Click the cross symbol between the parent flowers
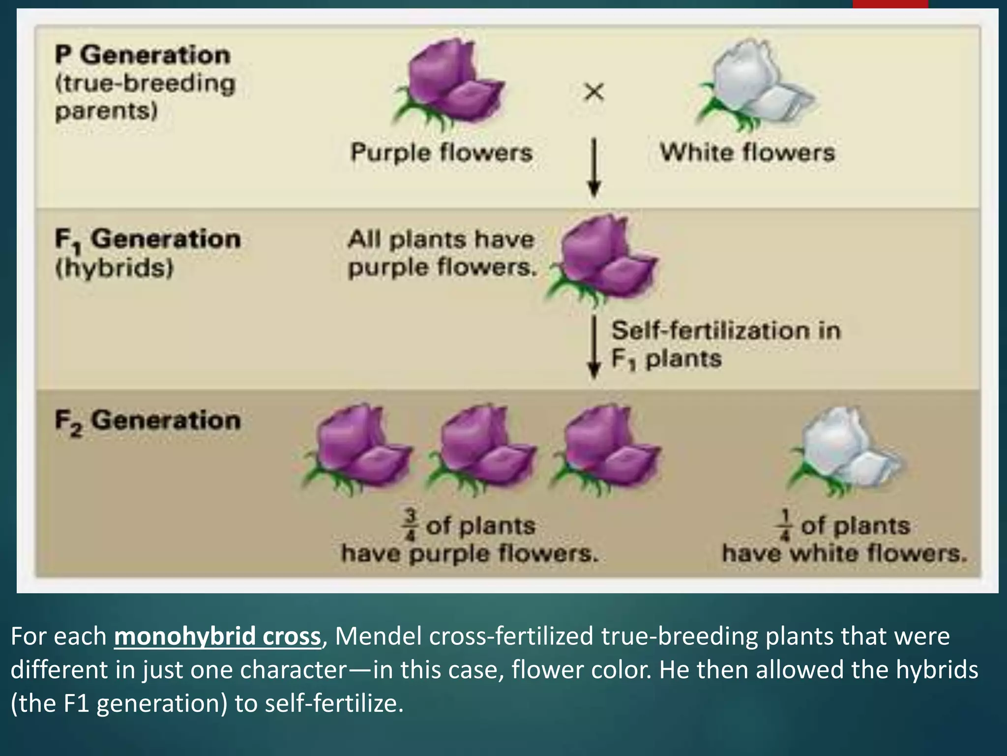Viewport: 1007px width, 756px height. (x=594, y=92)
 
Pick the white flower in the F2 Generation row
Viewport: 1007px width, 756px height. (x=846, y=450)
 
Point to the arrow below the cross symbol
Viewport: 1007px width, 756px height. (x=594, y=167)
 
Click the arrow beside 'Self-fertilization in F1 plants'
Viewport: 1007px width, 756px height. (x=594, y=347)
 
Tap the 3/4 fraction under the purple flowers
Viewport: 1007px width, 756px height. (x=411, y=526)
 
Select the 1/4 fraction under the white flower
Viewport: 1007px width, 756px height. (x=785, y=526)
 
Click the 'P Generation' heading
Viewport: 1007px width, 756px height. (x=143, y=55)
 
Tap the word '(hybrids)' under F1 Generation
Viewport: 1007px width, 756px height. (x=115, y=269)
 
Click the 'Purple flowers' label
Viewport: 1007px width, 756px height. (x=442, y=152)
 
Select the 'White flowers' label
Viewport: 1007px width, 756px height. (x=747, y=152)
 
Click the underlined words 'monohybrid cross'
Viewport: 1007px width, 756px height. (x=217, y=636)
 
